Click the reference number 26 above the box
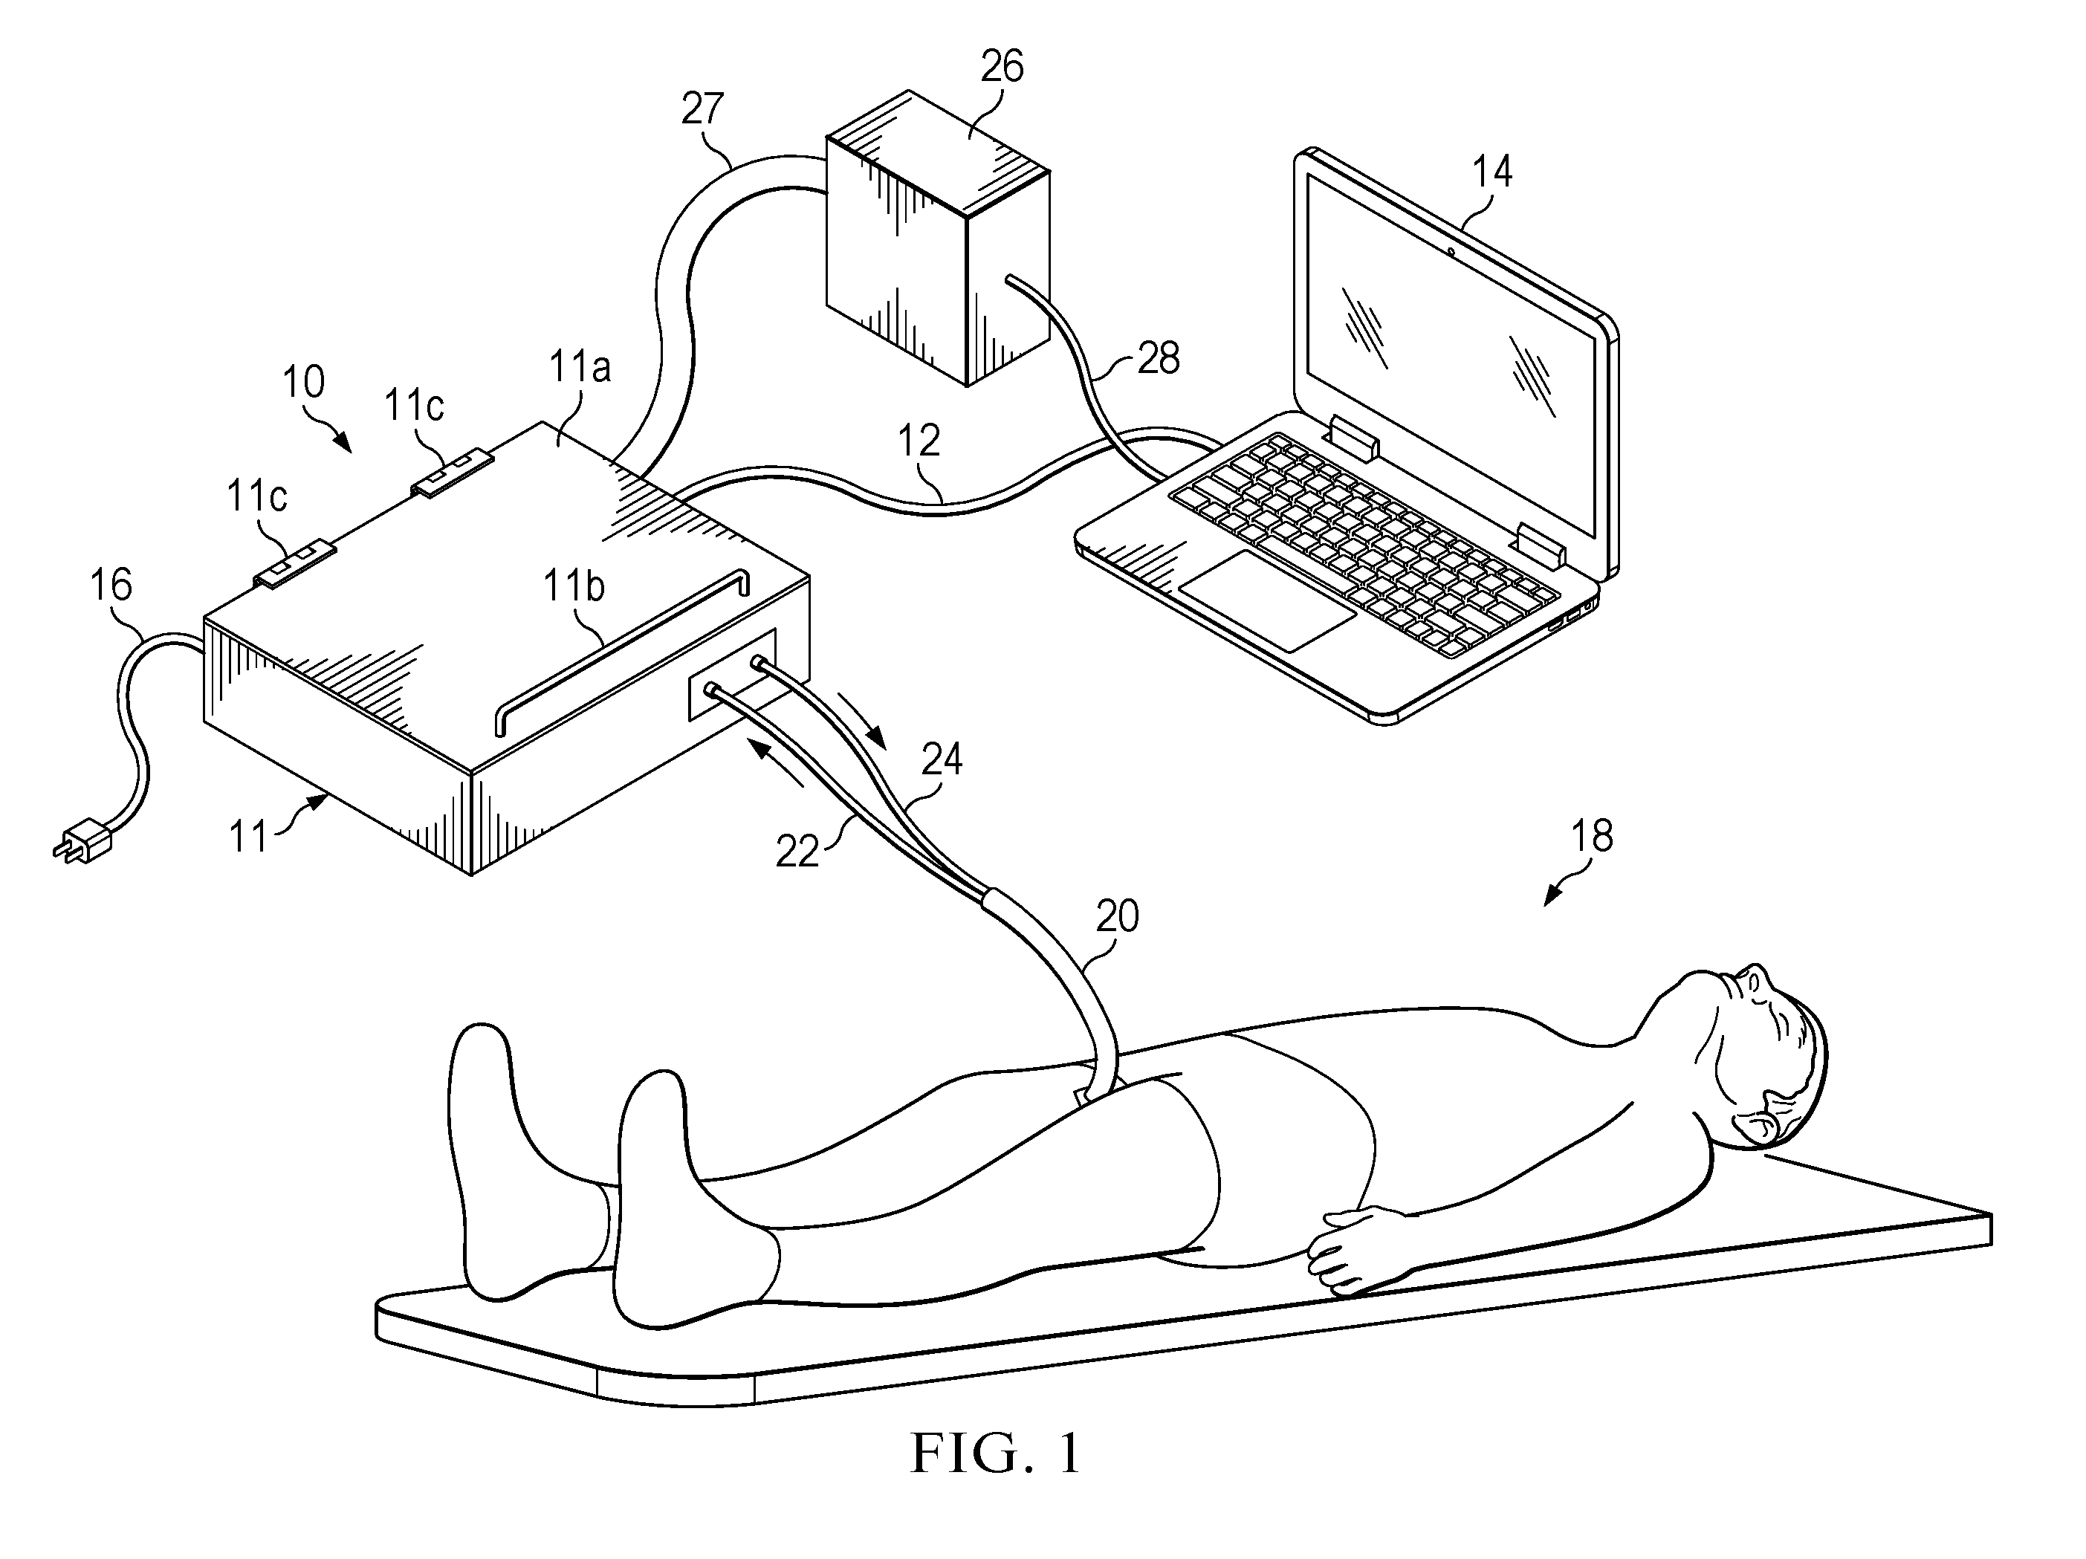[x=1002, y=67]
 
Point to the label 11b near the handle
[x=574, y=586]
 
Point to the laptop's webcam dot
[x=1449, y=251]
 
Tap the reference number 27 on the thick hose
[x=702, y=109]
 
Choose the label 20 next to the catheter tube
[x=1118, y=915]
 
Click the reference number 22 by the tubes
[x=798, y=852]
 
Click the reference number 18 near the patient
[x=1592, y=836]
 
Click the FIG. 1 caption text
[x=996, y=1453]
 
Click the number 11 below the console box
[x=249, y=837]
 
